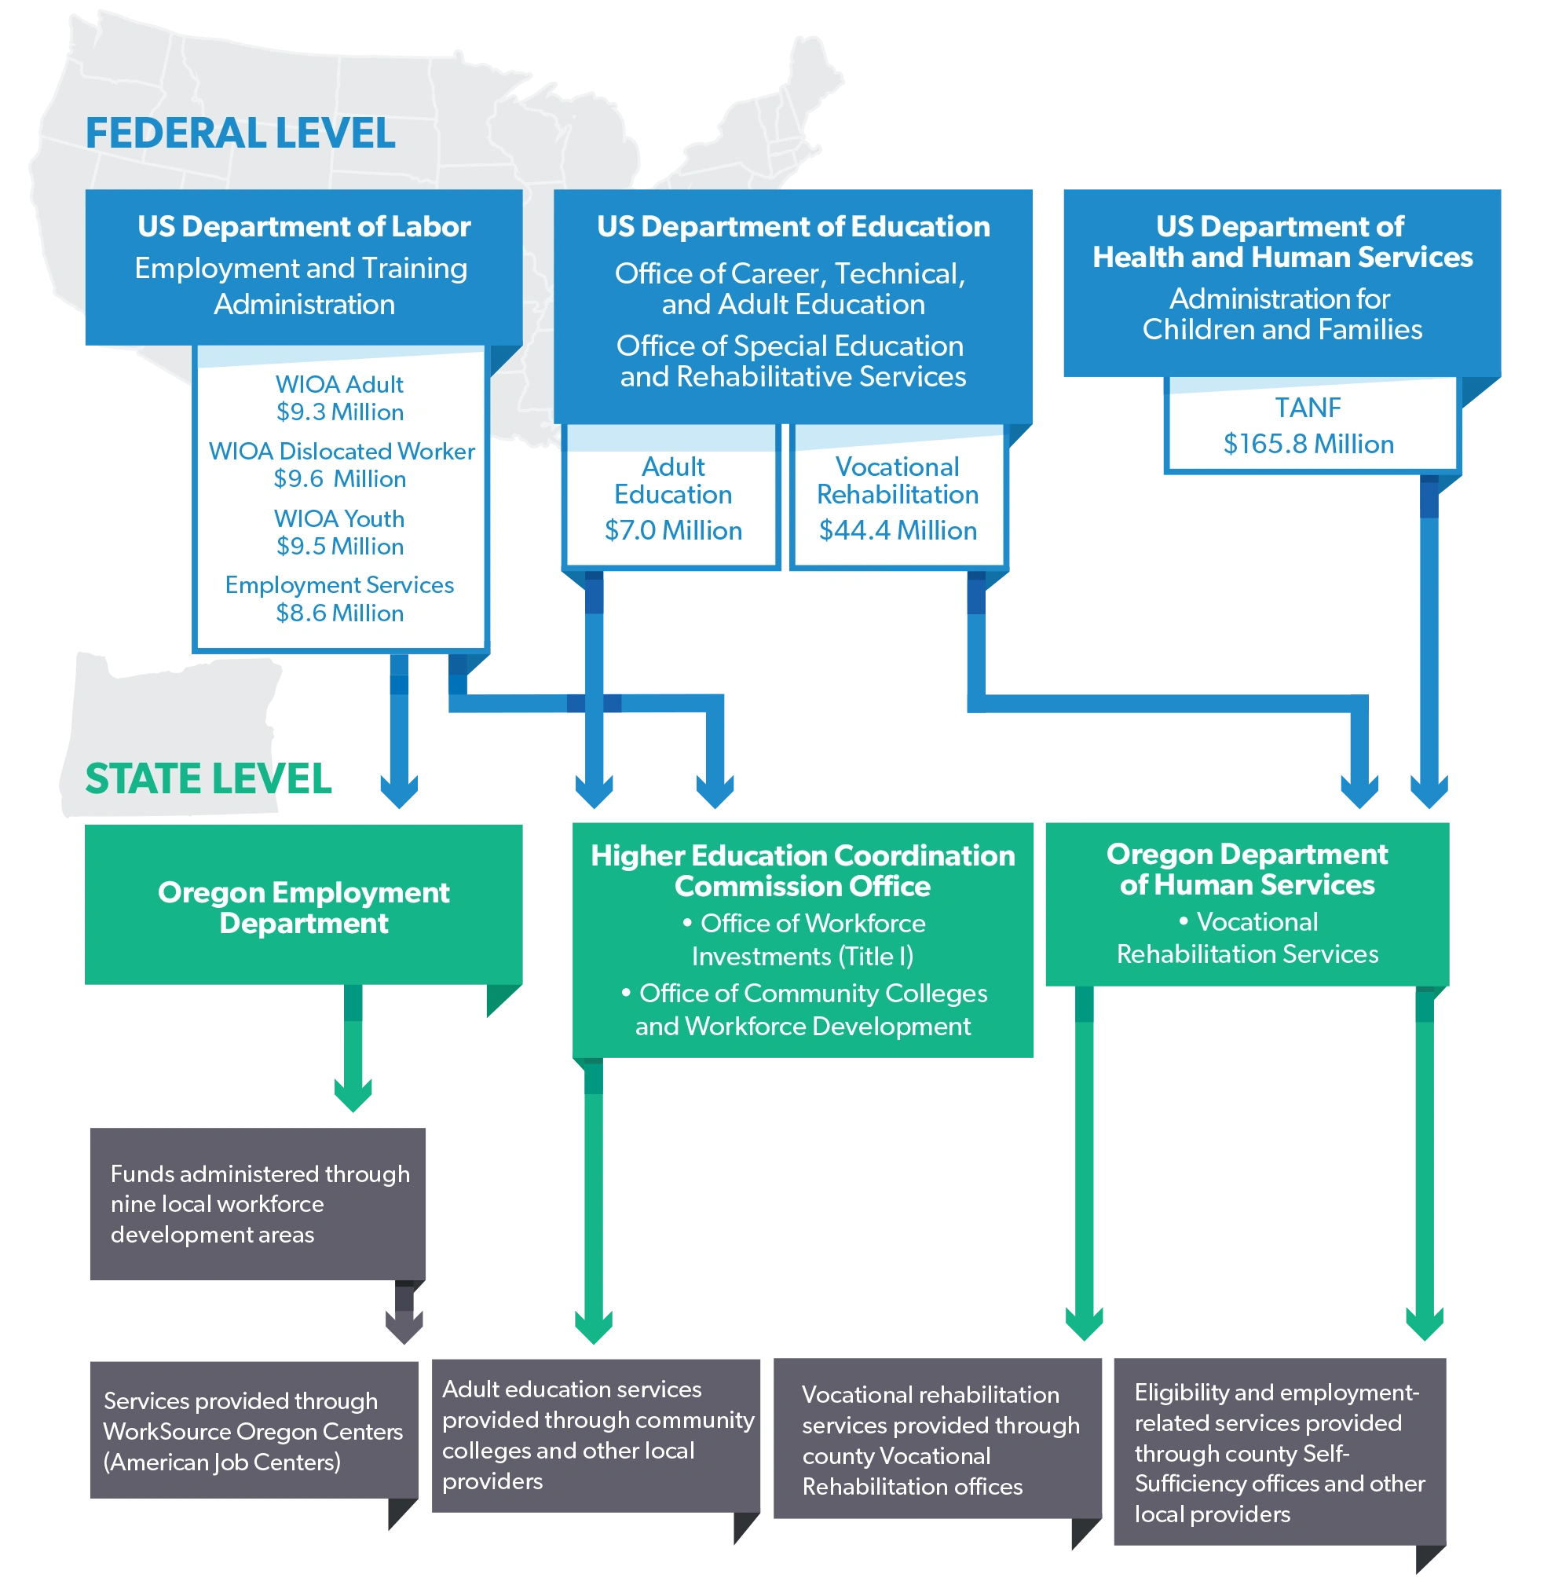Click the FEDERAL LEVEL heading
tap(240, 134)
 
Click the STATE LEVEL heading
tap(208, 779)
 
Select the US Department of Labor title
tap(304, 226)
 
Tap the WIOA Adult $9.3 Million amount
tap(339, 412)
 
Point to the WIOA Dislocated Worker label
tap(341, 451)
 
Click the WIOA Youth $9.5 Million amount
tap(339, 547)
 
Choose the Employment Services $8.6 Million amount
tap(339, 613)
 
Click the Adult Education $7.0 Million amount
tap(672, 531)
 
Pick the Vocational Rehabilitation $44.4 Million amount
tap(898, 531)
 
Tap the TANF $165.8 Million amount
tap(1308, 444)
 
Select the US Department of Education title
tap(793, 226)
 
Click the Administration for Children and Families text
tap(1282, 314)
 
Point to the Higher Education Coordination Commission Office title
tap(803, 870)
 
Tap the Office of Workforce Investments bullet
tap(803, 939)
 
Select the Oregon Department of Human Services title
tap(1247, 869)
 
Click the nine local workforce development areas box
tap(258, 1203)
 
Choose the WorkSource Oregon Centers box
tap(253, 1431)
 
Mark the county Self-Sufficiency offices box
tap(1280, 1453)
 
